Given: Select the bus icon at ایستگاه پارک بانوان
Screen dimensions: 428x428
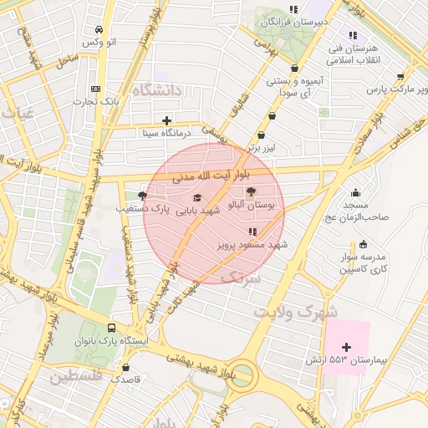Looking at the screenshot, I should pos(112,329).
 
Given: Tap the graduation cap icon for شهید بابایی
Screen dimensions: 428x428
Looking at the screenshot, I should pos(197,198).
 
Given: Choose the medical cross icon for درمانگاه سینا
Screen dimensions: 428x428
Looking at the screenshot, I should pos(167,120).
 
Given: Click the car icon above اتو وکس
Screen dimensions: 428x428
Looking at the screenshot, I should pos(100,28).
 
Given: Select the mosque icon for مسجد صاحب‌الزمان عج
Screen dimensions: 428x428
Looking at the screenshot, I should pos(356,191).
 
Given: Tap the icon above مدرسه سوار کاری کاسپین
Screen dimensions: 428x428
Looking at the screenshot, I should pos(363,244).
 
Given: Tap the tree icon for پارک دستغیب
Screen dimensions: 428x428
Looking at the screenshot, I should pos(141,195).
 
